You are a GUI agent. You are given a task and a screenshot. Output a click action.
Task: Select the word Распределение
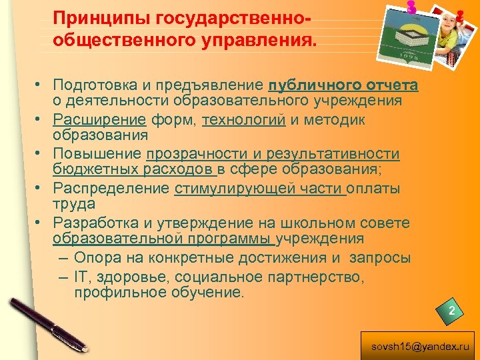tap(111, 189)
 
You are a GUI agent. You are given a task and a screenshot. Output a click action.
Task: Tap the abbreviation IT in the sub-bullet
tap(81, 276)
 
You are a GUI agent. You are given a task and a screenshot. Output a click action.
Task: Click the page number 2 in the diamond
tap(451, 311)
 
